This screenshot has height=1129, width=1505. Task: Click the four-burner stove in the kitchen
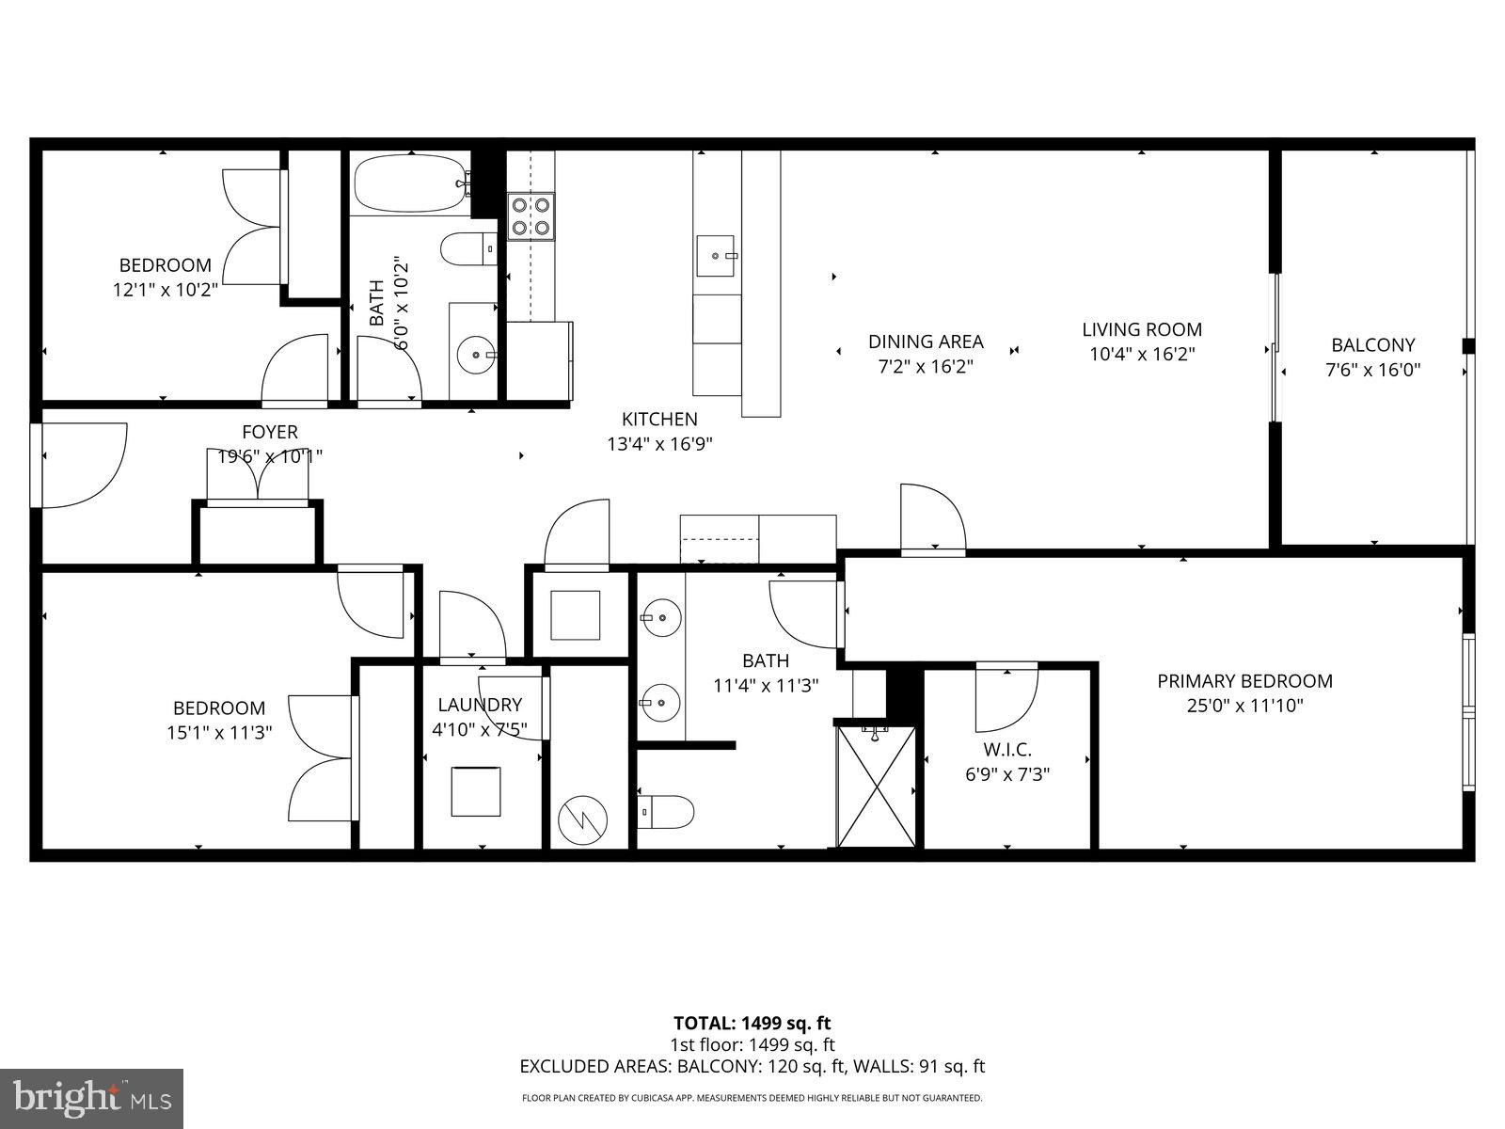(x=531, y=216)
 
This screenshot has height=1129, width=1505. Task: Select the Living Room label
(x=1141, y=329)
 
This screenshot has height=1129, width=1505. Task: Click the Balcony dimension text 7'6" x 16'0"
(x=1372, y=371)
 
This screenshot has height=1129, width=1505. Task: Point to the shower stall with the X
(x=876, y=785)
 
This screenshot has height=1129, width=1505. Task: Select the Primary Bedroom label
(x=1244, y=681)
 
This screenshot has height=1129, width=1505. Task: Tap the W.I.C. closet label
(x=1007, y=750)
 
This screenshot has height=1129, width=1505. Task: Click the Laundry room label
(x=480, y=705)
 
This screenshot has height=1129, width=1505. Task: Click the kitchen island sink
(x=717, y=255)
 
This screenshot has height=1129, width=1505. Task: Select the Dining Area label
(x=926, y=342)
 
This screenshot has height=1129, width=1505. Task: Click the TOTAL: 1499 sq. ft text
(x=752, y=1023)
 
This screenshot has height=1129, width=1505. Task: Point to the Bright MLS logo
(x=92, y=1097)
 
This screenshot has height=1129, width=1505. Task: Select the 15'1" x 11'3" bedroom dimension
(x=219, y=732)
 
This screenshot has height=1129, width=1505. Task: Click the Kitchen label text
(x=659, y=420)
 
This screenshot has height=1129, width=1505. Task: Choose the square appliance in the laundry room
(x=475, y=791)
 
